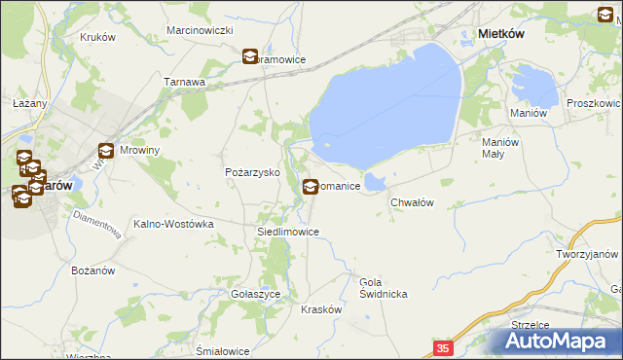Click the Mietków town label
click(503, 34)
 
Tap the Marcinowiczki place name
click(200, 31)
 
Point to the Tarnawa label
click(184, 83)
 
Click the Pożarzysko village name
click(253, 172)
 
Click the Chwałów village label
click(411, 202)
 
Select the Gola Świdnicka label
click(383, 287)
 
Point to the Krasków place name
click(321, 308)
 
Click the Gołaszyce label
click(256, 293)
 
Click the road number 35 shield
click(443, 347)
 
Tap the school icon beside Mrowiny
click(106, 151)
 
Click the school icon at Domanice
click(311, 186)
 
